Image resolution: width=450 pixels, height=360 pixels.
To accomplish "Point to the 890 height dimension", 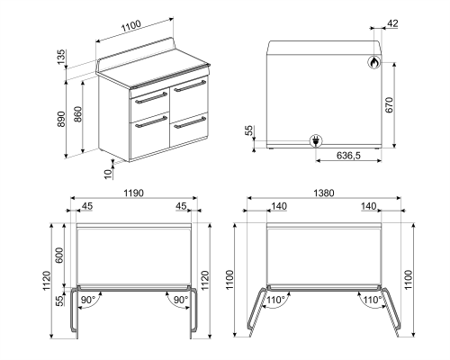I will click(61, 120).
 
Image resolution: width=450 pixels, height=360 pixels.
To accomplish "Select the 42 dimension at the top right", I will click(392, 23).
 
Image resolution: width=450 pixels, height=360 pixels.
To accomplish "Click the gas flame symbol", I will click(372, 63).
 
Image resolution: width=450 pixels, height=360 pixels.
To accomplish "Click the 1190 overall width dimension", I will click(133, 193).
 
